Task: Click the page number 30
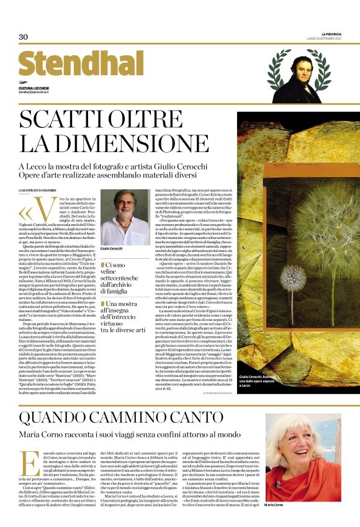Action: [x=24, y=37]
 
